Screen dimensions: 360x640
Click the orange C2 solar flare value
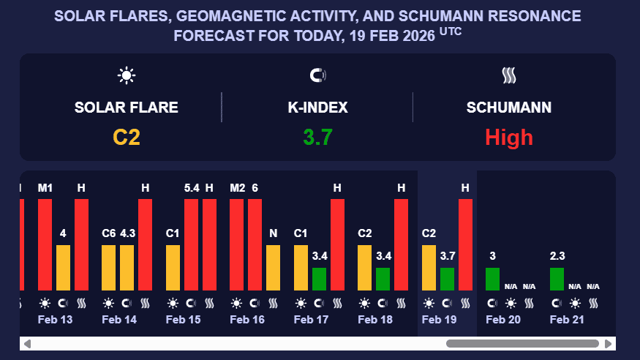[x=127, y=137]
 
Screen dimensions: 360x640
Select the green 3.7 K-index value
[x=318, y=137]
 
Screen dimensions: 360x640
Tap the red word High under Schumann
[x=509, y=137]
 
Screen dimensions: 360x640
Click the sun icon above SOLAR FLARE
[x=127, y=75]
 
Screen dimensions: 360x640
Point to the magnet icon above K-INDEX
[x=318, y=75]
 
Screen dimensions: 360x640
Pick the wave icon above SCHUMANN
[x=509, y=75]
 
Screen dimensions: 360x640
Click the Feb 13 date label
[x=55, y=320]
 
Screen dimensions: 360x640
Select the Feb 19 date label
[x=440, y=320]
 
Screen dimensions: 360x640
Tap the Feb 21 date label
[x=568, y=320]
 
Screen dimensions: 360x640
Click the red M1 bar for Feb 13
[x=45, y=244]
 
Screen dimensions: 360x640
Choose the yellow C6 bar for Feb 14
[x=109, y=268]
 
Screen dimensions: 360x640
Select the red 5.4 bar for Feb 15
[x=192, y=244]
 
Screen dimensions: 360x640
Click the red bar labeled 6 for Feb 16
[x=255, y=244]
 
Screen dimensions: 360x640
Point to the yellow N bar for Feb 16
[x=274, y=268]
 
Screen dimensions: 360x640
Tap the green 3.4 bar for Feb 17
[x=320, y=279]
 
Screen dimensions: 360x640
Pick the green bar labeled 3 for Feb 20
[x=493, y=279]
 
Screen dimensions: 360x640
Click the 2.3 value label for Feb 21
[x=557, y=256]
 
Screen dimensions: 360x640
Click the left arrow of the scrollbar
[x=27, y=344]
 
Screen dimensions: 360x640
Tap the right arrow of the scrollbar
[x=608, y=344]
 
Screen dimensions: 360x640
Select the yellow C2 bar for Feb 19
[x=429, y=268]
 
